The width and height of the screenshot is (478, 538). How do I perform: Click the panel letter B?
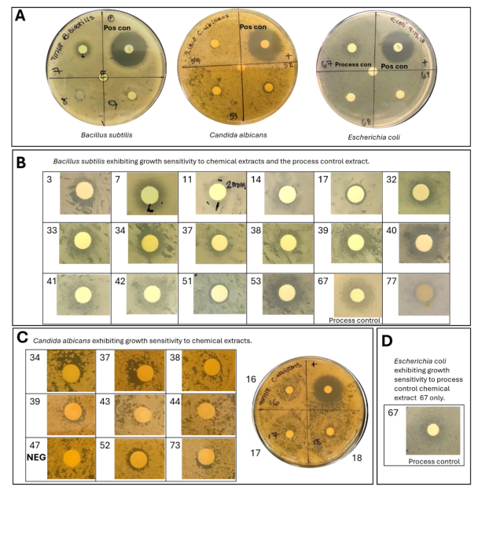click(21, 163)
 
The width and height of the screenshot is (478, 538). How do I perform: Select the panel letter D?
click(387, 340)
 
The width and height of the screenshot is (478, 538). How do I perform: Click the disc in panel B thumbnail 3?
click(83, 192)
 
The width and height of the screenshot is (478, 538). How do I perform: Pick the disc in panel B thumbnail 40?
click(424, 241)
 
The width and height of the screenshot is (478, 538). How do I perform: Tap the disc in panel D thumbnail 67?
click(432, 429)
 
